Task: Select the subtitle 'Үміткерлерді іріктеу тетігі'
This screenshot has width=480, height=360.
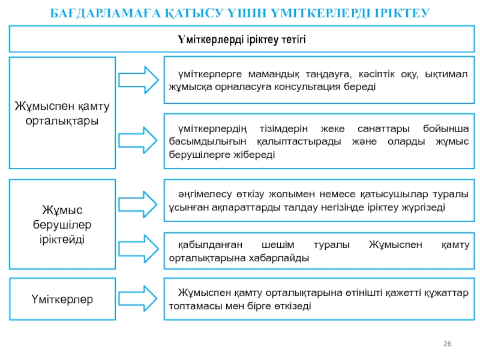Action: [x=241, y=40]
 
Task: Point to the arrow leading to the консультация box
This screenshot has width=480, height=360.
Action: [x=137, y=79]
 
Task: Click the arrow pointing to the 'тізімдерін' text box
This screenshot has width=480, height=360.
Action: [x=137, y=140]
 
